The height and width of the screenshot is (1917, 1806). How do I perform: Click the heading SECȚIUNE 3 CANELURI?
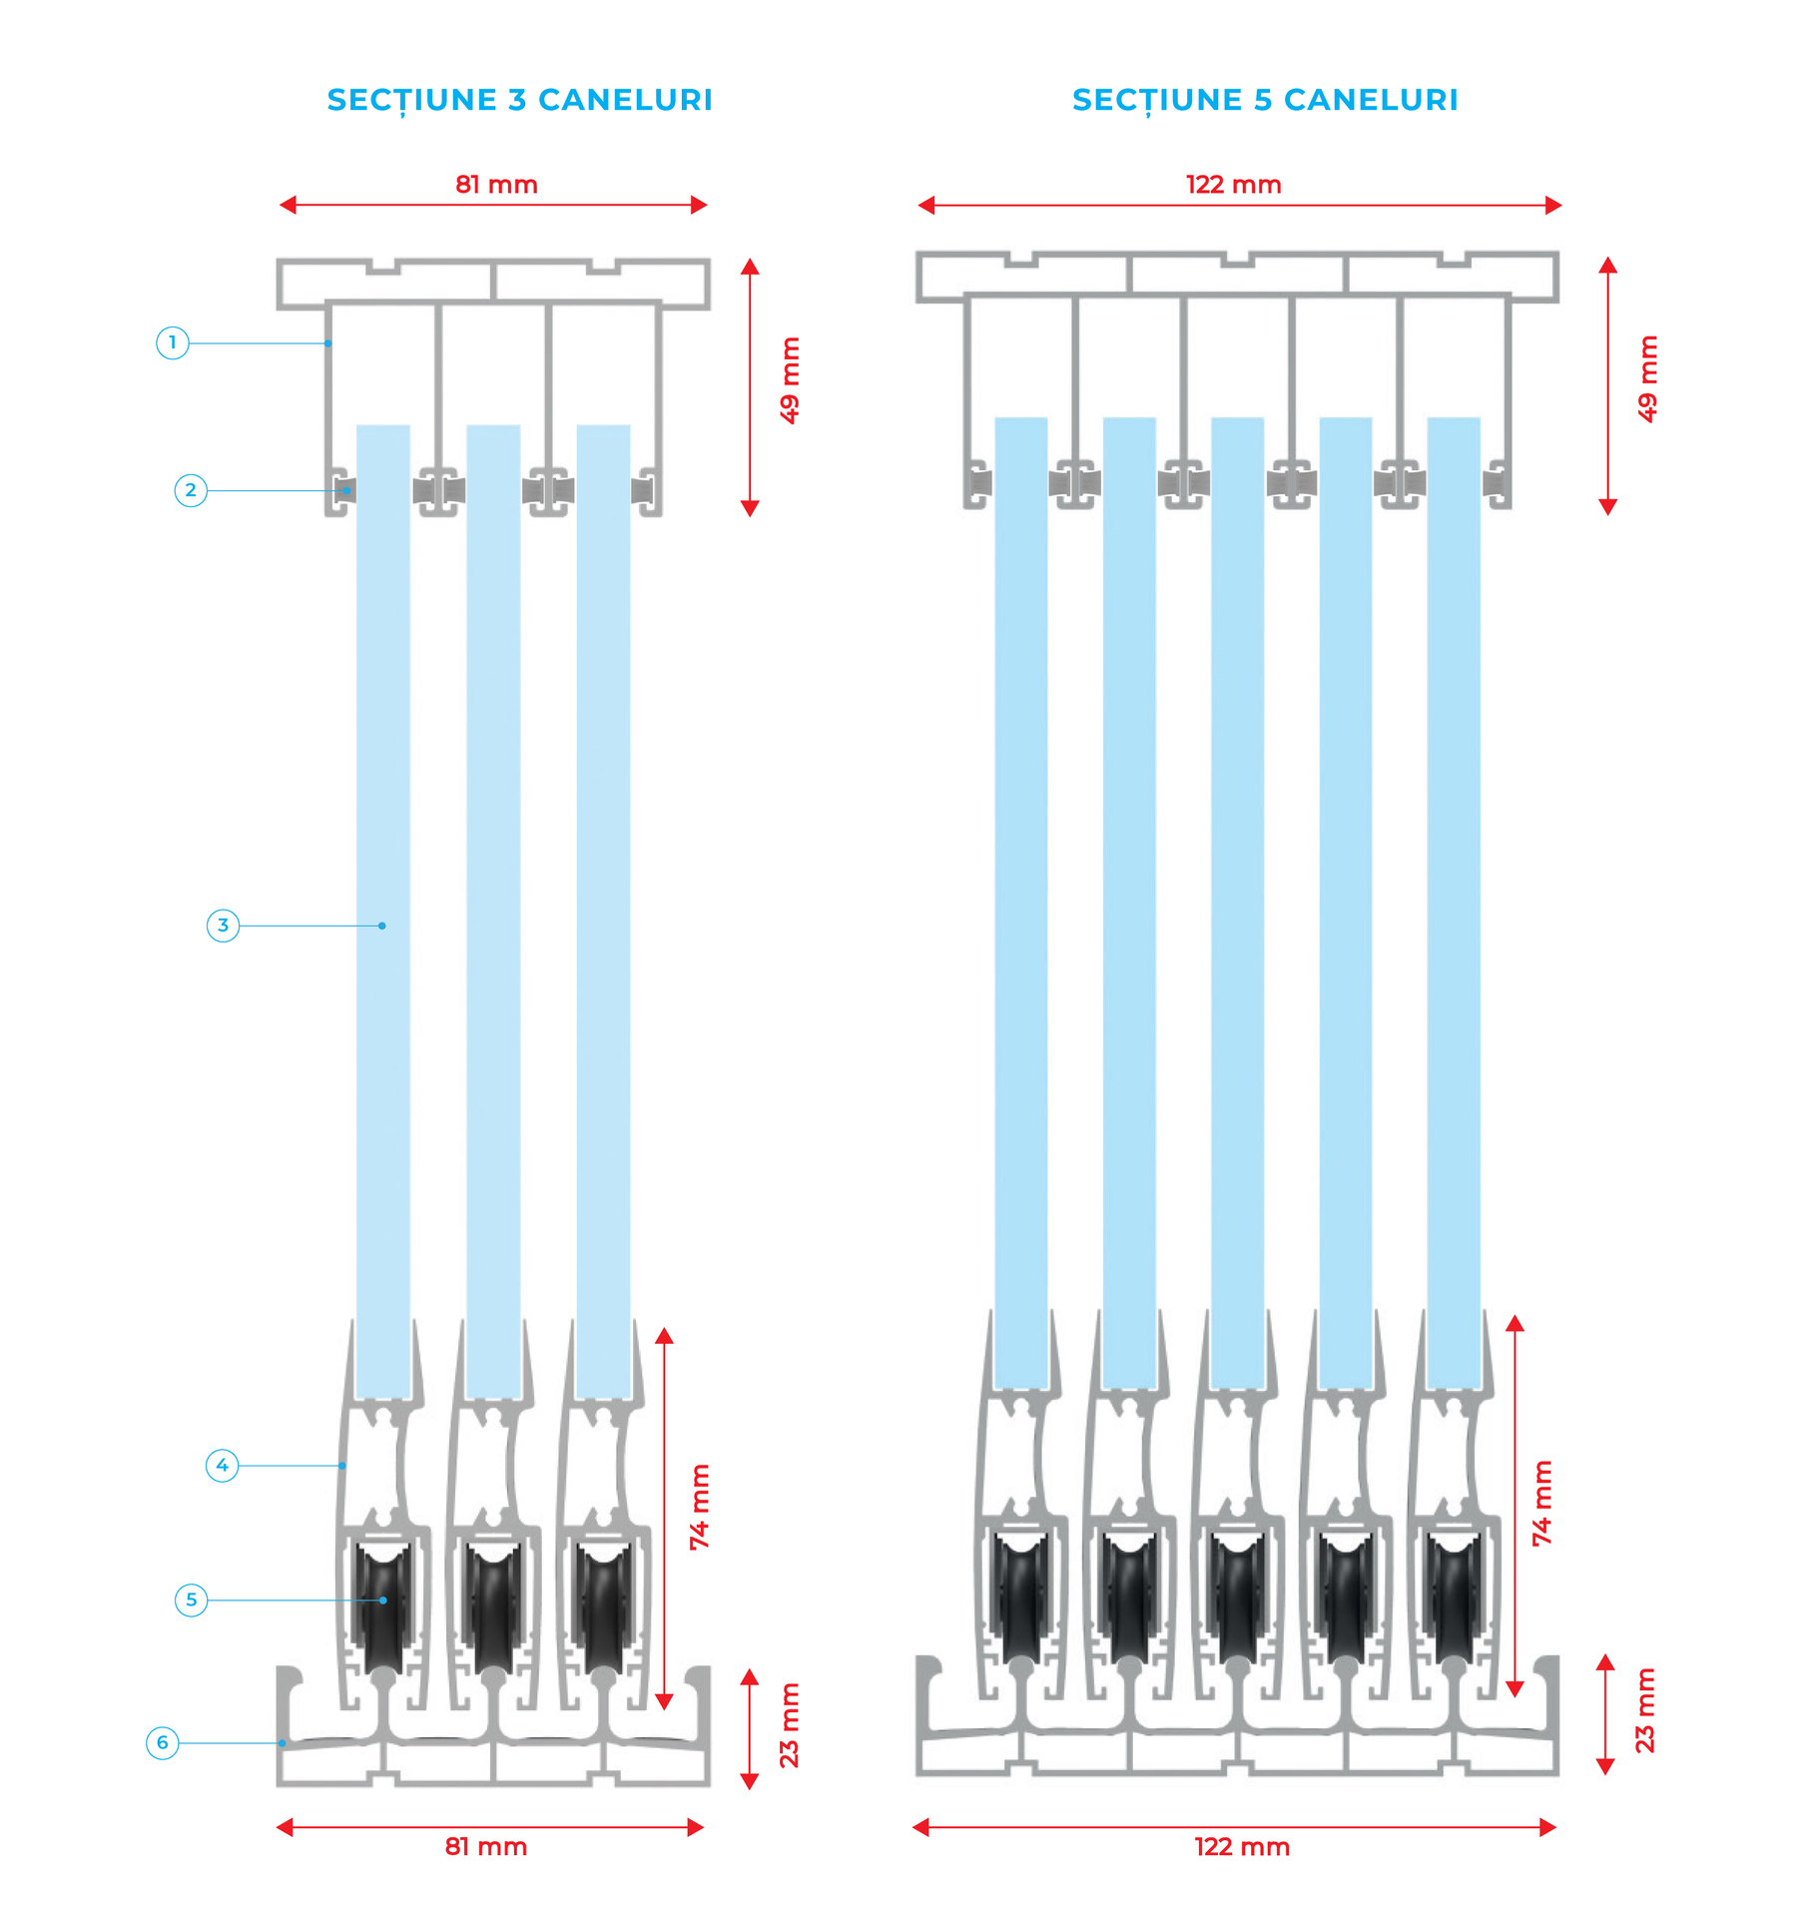(x=519, y=100)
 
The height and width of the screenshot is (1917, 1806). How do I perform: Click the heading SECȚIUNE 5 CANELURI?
(x=1265, y=100)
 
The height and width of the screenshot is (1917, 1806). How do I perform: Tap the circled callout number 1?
(x=173, y=343)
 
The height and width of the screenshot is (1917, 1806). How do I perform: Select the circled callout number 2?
(x=191, y=490)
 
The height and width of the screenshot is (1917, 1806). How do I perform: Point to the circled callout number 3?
(x=223, y=926)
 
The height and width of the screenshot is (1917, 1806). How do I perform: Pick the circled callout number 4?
(x=222, y=1466)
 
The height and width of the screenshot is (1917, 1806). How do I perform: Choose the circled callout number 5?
(x=191, y=1600)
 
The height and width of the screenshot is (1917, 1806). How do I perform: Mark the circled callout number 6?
(x=163, y=1743)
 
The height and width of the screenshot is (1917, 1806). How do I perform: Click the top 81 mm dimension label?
(x=496, y=185)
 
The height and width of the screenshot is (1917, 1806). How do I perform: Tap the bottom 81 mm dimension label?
(x=486, y=1847)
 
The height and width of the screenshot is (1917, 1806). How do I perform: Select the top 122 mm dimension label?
(x=1233, y=185)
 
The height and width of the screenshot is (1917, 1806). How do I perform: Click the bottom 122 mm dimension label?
(x=1242, y=1847)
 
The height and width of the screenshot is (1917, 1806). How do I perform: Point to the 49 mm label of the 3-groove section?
(x=790, y=380)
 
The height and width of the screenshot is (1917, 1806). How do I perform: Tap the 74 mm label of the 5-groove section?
(x=1542, y=1504)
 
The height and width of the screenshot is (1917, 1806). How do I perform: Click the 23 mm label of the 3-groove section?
(x=790, y=1726)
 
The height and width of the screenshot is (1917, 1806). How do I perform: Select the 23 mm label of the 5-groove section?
(x=1644, y=1711)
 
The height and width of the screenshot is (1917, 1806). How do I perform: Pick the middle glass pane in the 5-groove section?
(x=1237, y=899)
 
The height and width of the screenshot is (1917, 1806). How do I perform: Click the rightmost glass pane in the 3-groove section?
(x=603, y=899)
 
